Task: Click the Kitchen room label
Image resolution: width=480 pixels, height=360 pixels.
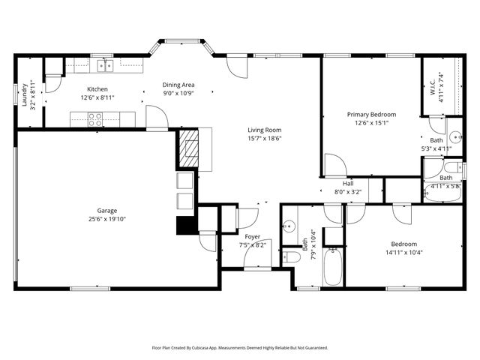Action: (97, 88)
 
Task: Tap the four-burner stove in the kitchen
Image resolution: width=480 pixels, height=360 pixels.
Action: (96, 118)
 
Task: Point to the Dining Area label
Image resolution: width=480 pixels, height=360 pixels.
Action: (179, 85)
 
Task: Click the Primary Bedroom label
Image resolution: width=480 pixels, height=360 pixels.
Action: (371, 115)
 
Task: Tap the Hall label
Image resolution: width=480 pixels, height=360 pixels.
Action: (348, 183)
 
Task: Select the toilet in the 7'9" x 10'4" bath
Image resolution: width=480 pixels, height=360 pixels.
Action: (292, 257)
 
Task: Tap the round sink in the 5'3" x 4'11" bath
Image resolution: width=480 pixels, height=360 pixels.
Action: (454, 145)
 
